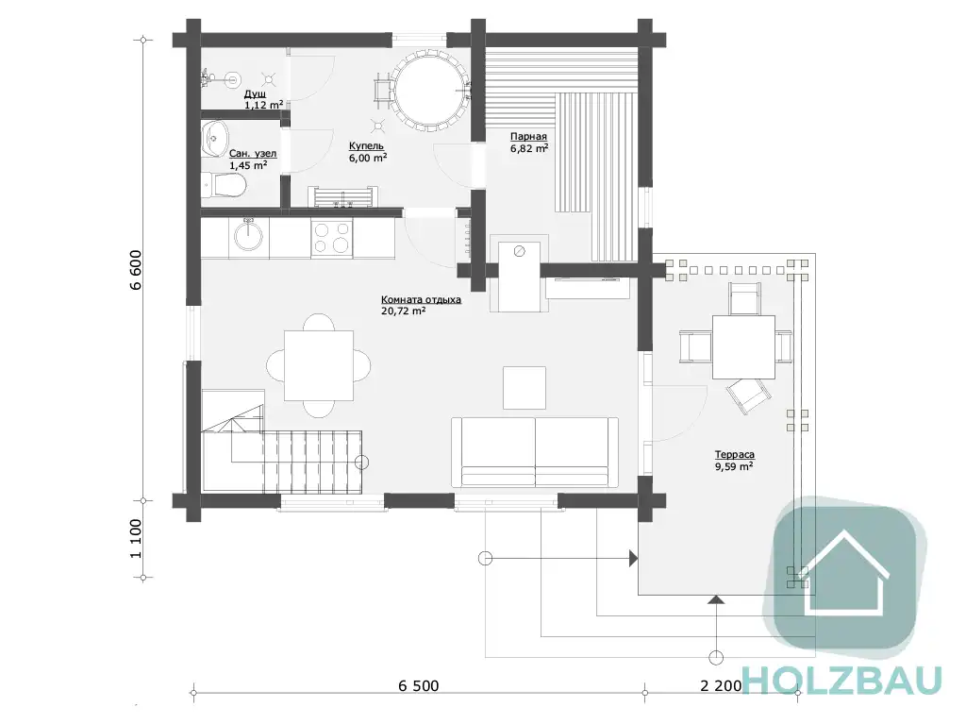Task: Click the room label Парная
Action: (x=528, y=136)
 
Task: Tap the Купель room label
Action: (x=366, y=146)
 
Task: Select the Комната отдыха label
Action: (x=421, y=300)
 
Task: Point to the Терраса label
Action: (x=734, y=454)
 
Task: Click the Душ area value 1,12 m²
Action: (x=264, y=105)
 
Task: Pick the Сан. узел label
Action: (x=253, y=154)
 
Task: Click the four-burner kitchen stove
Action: (x=332, y=238)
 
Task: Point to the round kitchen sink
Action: (x=248, y=236)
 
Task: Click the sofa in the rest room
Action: (x=535, y=452)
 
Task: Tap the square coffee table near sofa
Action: (x=525, y=387)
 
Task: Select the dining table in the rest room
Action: (x=319, y=365)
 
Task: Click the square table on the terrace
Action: (x=743, y=347)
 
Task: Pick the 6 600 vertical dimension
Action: (x=136, y=270)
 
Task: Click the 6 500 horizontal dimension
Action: (x=419, y=685)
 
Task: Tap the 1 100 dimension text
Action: (x=136, y=538)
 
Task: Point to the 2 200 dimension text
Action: (x=721, y=685)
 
